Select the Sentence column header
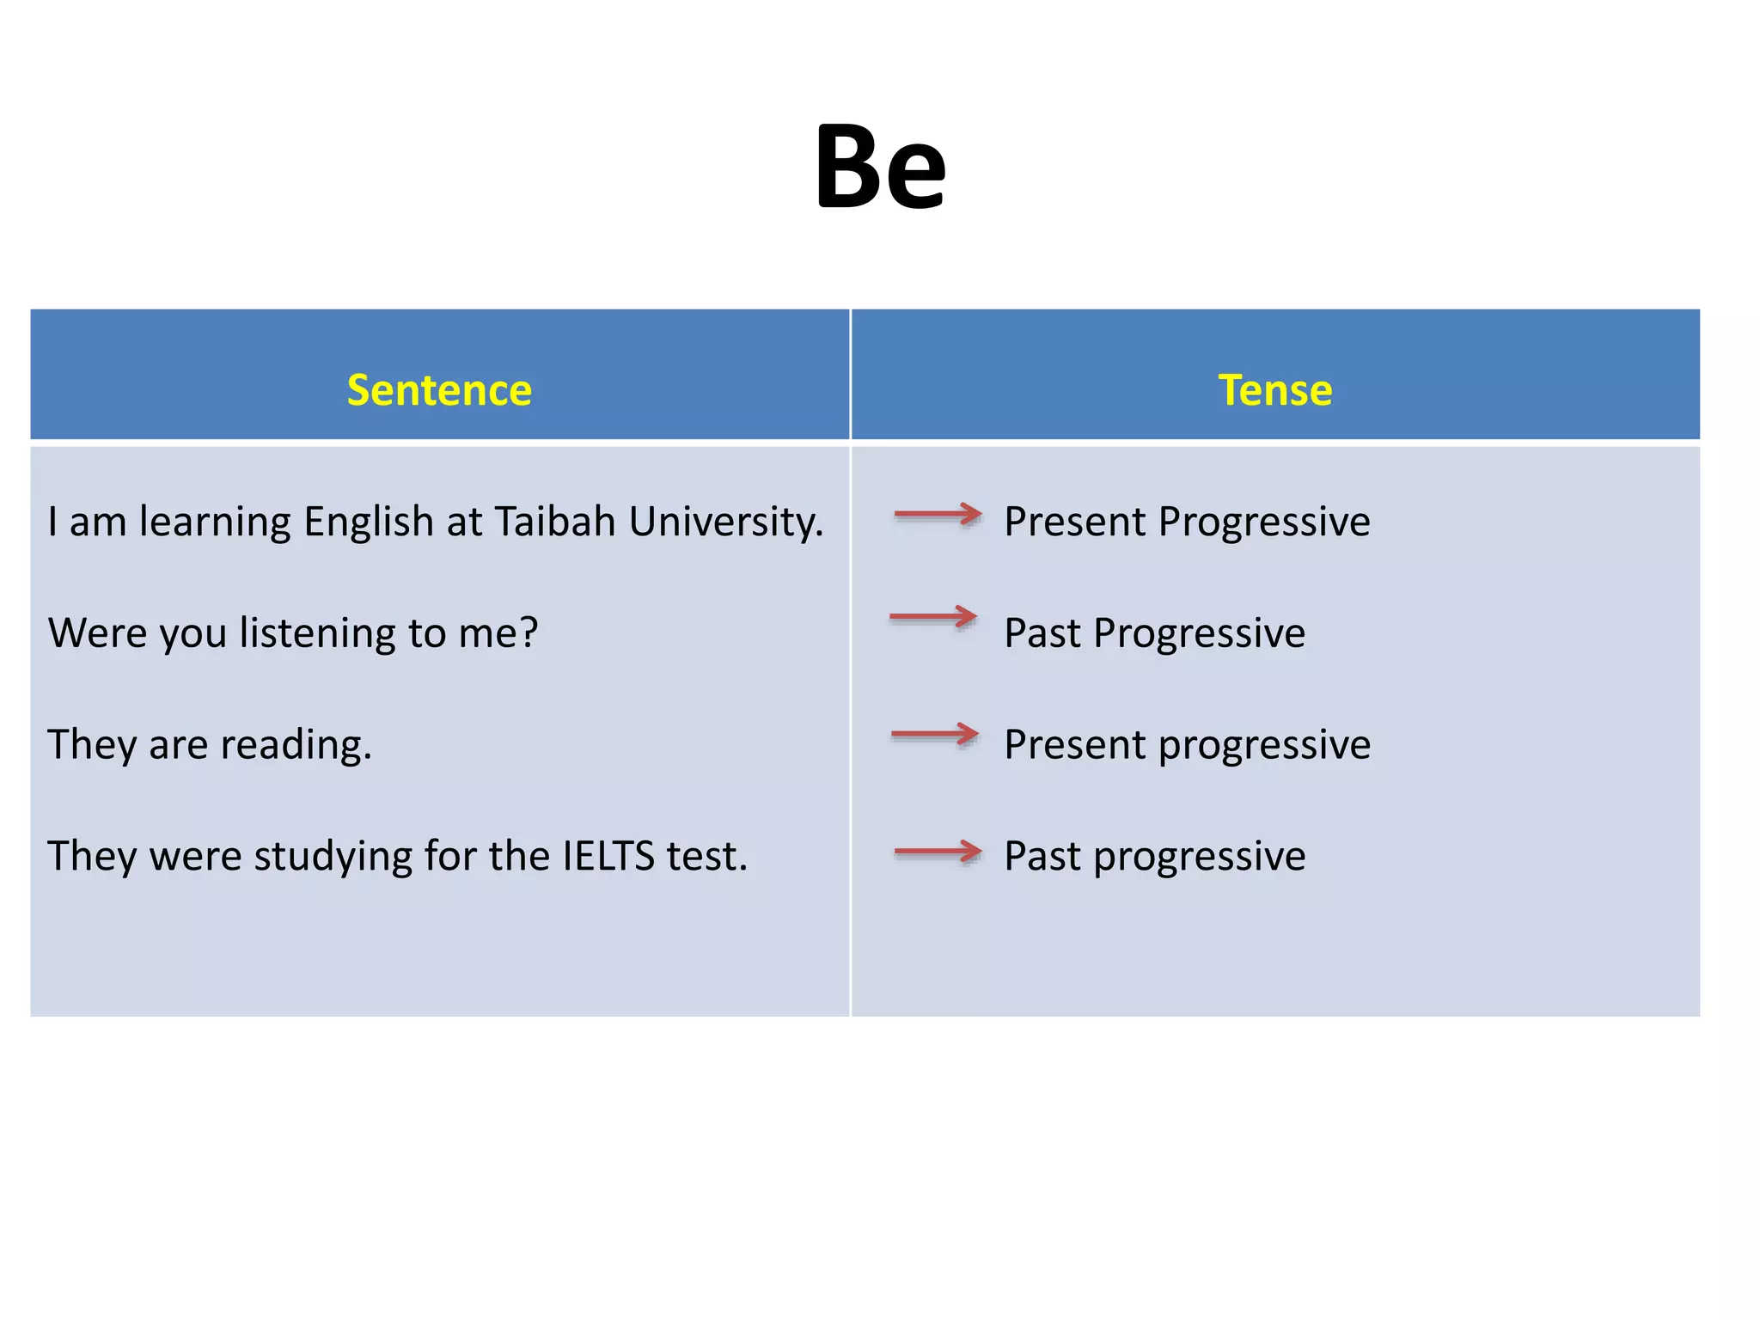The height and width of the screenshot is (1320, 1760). pyautogui.click(x=439, y=390)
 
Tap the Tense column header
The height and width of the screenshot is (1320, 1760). pyautogui.click(x=1275, y=390)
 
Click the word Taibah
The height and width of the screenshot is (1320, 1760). pyautogui.click(x=555, y=522)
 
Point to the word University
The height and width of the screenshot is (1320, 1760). pyautogui.click(x=725, y=522)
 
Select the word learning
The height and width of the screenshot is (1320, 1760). pyautogui.click(x=215, y=522)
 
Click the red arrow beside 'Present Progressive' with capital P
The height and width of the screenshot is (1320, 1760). pyautogui.click(x=938, y=515)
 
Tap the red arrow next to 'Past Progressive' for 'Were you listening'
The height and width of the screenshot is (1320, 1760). pyautogui.click(x=933, y=616)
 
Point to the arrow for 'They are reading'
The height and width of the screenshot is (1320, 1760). pyautogui.click(x=935, y=734)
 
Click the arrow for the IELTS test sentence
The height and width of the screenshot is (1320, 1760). pyautogui.click(x=938, y=852)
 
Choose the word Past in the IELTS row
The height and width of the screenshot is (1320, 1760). pyautogui.click(x=1042, y=856)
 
